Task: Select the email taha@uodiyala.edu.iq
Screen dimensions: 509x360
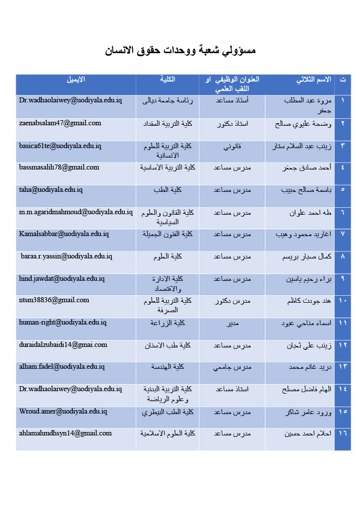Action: click(x=51, y=189)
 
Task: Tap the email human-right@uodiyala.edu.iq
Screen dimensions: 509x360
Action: click(x=63, y=323)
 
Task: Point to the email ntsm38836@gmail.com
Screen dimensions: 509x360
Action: click(x=54, y=300)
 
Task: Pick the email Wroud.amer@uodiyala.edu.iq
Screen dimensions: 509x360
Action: click(x=63, y=411)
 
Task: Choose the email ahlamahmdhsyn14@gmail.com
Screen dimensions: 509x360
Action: click(x=65, y=433)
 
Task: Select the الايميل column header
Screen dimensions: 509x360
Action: click(x=76, y=80)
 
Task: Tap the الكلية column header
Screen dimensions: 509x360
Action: click(x=168, y=80)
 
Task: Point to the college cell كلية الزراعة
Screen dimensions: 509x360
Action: click(x=168, y=323)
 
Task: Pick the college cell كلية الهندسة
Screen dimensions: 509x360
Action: click(x=168, y=367)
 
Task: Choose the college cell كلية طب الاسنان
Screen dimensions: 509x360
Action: click(x=168, y=345)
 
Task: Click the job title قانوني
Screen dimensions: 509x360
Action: click(x=232, y=146)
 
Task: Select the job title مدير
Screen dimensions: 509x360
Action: click(x=232, y=323)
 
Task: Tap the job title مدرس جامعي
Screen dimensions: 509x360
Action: click(x=232, y=367)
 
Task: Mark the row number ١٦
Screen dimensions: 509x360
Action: click(x=343, y=433)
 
